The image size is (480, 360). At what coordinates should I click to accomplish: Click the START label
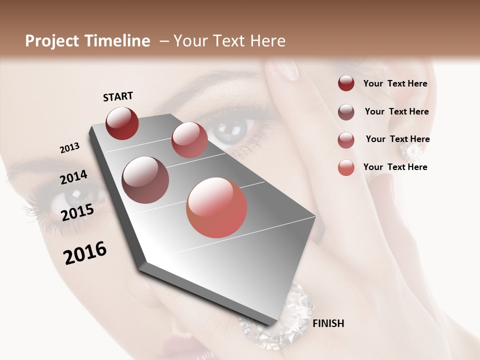click(118, 96)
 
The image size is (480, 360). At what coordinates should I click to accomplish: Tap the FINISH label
click(328, 323)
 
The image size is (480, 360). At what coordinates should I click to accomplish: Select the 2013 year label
click(69, 148)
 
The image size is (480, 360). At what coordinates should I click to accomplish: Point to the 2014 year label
click(73, 177)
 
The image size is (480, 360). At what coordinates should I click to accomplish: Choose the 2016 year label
click(85, 253)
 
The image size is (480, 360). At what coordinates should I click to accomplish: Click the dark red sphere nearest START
click(122, 123)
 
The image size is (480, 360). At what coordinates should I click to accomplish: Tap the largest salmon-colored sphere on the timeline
click(216, 207)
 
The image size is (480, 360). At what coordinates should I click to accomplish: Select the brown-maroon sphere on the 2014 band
click(145, 180)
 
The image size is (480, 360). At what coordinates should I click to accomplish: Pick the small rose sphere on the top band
click(189, 140)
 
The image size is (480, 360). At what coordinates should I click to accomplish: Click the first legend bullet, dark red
click(346, 83)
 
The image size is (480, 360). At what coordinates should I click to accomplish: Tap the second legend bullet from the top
click(346, 112)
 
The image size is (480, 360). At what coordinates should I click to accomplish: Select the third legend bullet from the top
click(346, 140)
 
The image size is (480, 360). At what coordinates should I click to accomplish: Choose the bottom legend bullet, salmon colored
click(346, 167)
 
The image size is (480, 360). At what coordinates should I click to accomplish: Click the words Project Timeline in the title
click(87, 41)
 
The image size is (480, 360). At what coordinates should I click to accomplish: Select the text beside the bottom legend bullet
click(395, 167)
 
